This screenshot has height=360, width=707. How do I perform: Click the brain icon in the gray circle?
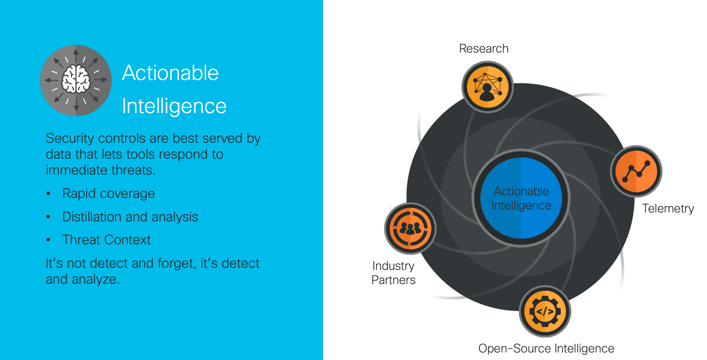[76, 80]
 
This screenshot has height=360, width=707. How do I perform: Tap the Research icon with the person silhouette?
[487, 87]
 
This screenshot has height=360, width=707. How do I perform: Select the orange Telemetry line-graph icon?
[636, 171]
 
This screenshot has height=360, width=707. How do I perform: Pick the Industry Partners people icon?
[410, 228]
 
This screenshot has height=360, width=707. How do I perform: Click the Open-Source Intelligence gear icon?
[545, 311]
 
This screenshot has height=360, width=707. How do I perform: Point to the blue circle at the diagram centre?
[521, 198]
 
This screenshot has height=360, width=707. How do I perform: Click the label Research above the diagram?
[483, 49]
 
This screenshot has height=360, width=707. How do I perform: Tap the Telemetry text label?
[668, 208]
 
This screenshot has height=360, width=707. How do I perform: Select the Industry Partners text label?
[393, 273]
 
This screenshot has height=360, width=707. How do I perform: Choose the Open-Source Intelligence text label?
[546, 349]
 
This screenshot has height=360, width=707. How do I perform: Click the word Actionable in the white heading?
[170, 73]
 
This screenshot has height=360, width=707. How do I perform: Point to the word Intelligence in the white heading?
[174, 106]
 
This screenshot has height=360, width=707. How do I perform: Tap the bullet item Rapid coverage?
[108, 193]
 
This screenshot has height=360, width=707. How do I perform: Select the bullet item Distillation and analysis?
[130, 217]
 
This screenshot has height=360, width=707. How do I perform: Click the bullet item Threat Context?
[106, 240]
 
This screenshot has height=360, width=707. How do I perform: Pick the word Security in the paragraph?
[70, 138]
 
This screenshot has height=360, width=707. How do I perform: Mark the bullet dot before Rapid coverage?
[48, 193]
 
